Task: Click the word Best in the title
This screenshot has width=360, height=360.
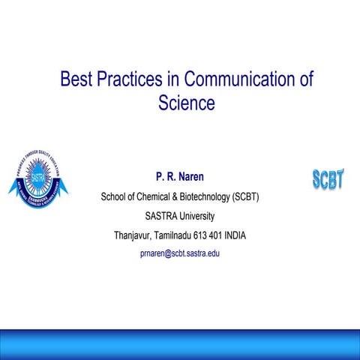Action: [75, 79]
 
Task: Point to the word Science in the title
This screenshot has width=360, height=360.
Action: [187, 103]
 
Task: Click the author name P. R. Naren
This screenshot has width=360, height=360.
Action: [180, 178]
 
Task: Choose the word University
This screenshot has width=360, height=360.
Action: [196, 217]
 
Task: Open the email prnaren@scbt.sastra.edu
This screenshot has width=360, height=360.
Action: [180, 253]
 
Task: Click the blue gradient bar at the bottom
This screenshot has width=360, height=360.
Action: [180, 343]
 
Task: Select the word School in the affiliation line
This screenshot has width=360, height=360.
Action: [115, 198]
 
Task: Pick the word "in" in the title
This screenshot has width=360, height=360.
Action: [172, 79]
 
